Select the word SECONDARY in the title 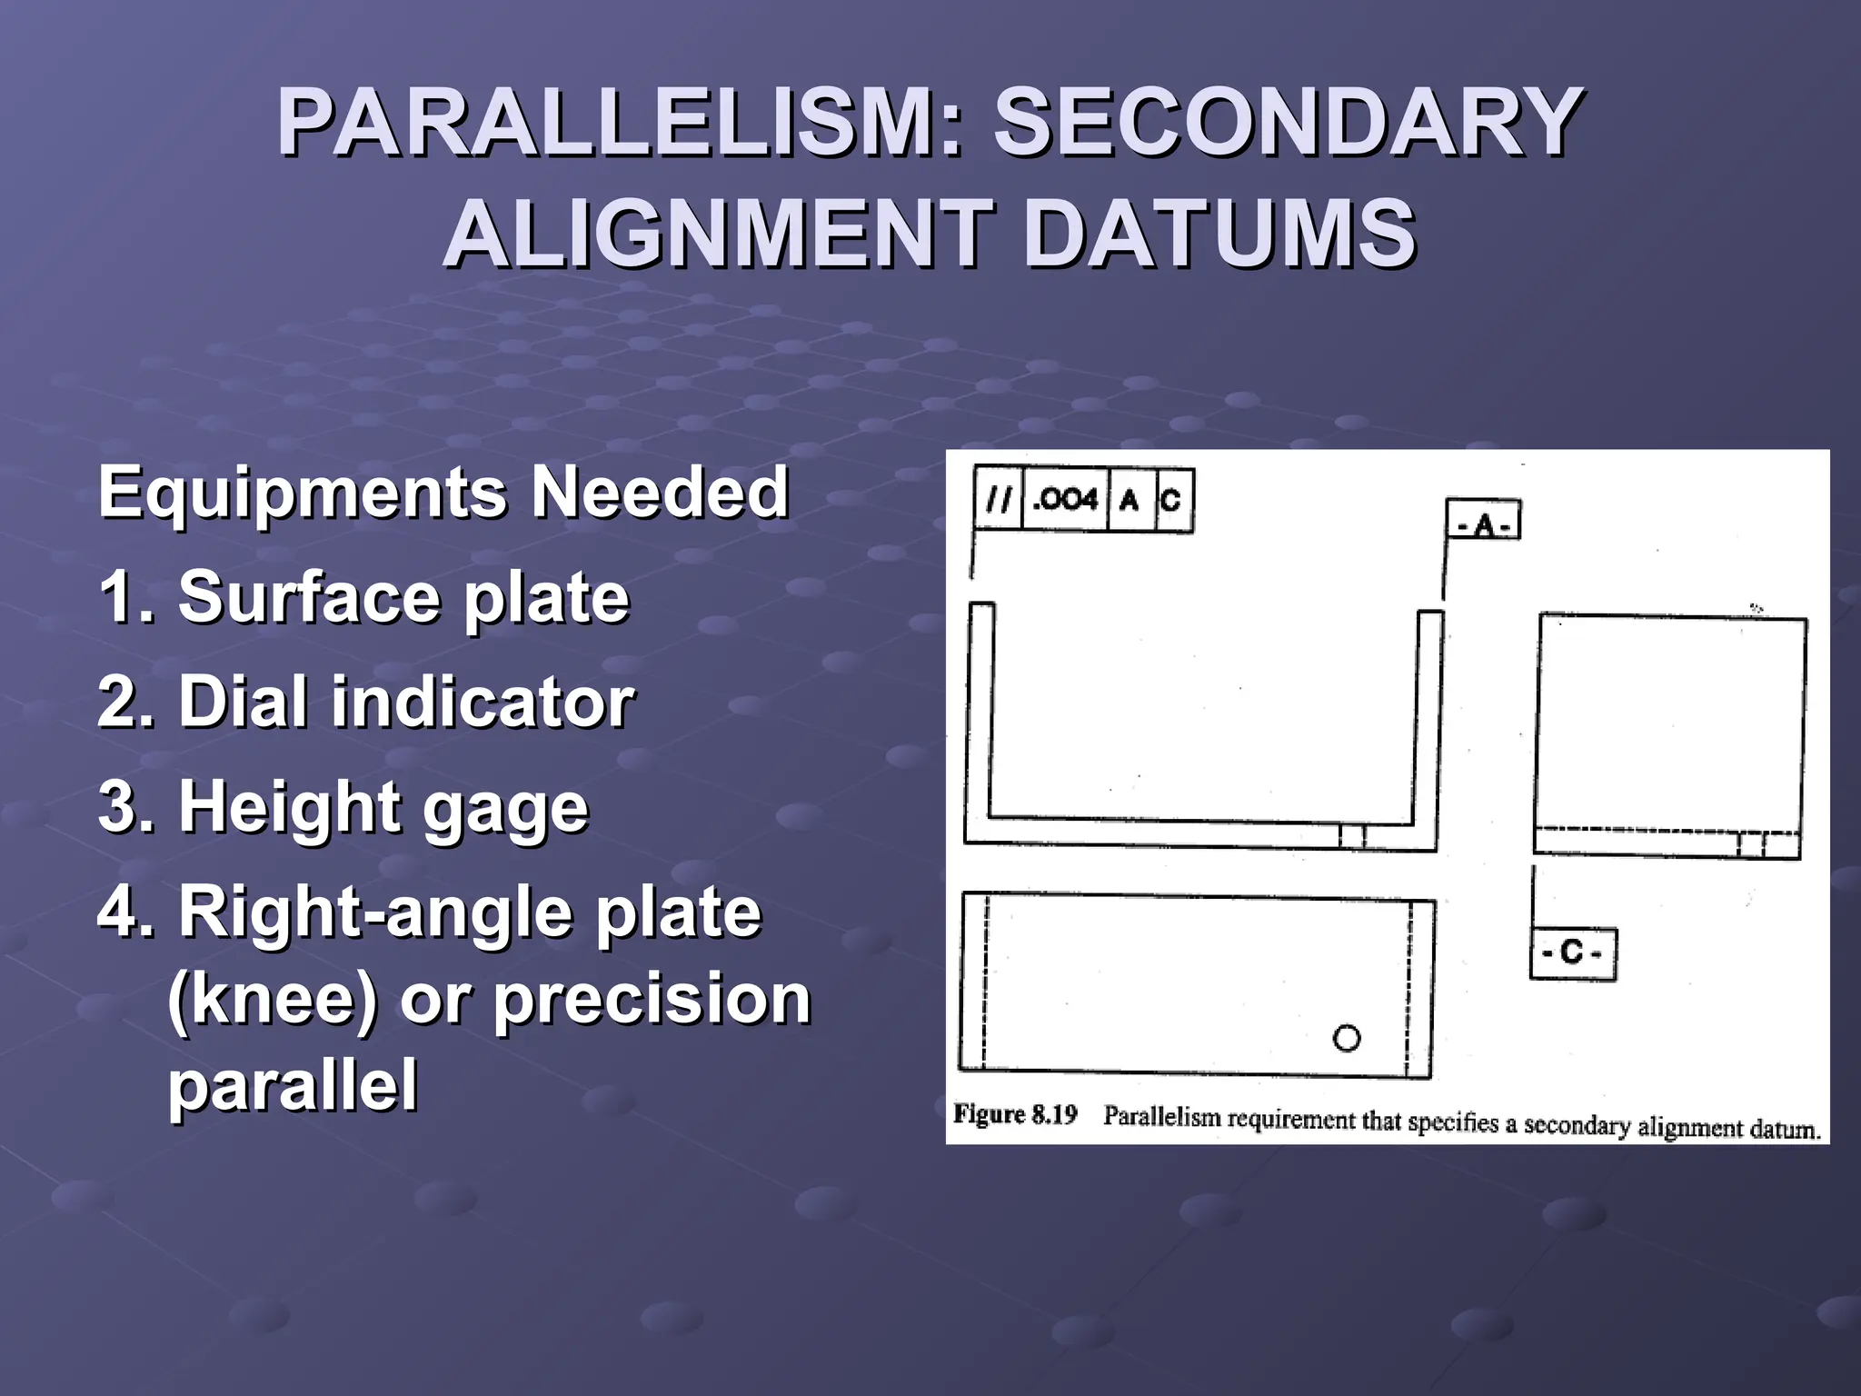1289,123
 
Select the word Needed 660,493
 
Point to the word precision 652,999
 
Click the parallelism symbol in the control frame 999,499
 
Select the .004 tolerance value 1065,499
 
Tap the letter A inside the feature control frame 1130,499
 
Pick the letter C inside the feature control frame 1171,499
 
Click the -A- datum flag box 1483,521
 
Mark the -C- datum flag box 1573,953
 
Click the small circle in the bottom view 1347,1038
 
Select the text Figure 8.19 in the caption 1015,1115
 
